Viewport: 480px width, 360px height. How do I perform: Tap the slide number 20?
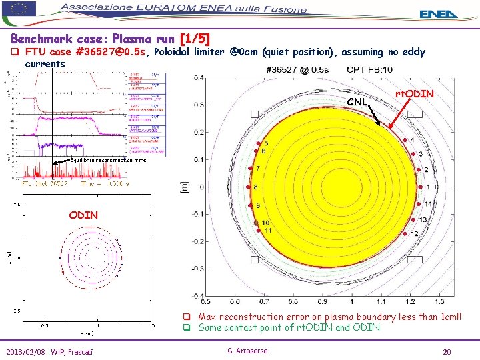pos(447,351)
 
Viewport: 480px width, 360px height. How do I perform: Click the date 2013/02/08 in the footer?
pos(26,351)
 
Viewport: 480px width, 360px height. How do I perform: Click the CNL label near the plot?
pos(357,103)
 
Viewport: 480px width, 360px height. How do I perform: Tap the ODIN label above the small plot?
pos(83,215)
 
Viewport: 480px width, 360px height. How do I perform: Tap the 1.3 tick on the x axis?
pos(440,302)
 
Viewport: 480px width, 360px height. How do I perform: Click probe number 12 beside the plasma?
pos(414,234)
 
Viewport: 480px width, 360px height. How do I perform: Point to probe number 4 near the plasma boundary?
pos(412,140)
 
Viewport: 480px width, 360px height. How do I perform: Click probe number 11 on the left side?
pos(267,230)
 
